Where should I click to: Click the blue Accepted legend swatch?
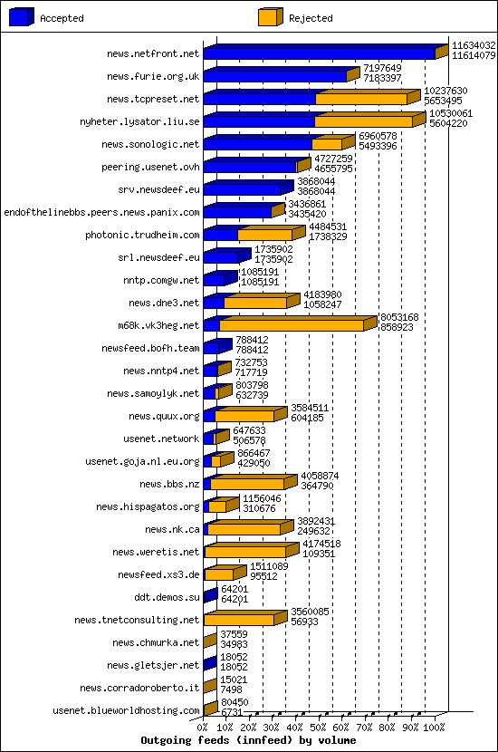click(x=22, y=17)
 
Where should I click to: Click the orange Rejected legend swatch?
click(x=270, y=17)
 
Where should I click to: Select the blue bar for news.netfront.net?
click(x=319, y=53)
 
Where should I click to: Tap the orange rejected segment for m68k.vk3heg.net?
click(x=292, y=325)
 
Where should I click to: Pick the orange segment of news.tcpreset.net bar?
click(x=362, y=99)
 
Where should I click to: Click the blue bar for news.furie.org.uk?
click(x=275, y=76)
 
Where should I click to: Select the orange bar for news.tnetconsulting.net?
click(x=239, y=620)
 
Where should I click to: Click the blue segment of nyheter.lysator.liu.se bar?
click(x=259, y=121)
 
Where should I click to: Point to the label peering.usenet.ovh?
click(x=151, y=167)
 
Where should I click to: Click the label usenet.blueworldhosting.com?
click(x=126, y=710)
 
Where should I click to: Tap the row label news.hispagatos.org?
click(x=151, y=506)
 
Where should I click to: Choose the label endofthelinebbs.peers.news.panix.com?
click(x=101, y=212)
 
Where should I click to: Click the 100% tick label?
click(x=435, y=726)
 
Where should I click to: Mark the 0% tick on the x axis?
click(x=204, y=726)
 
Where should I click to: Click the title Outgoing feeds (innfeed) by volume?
click(x=248, y=740)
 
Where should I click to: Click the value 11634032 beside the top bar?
click(x=474, y=44)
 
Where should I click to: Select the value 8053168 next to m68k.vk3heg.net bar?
click(x=398, y=316)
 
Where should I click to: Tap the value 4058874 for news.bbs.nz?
click(x=320, y=475)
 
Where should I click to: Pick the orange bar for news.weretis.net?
click(x=245, y=552)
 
